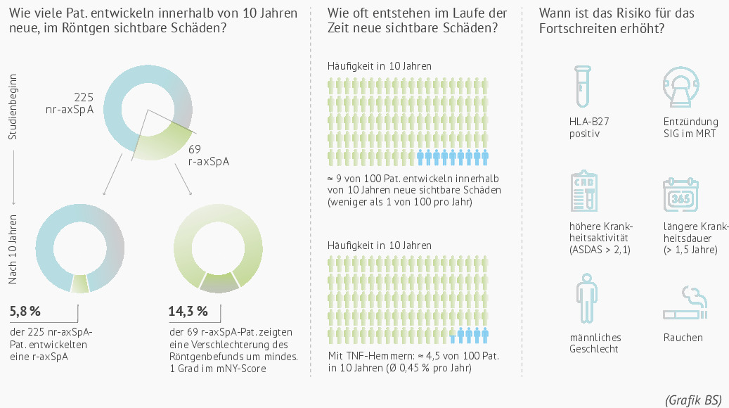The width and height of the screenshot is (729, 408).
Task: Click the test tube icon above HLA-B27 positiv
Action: [x=583, y=87]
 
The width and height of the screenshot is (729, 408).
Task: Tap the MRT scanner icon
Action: [x=681, y=87]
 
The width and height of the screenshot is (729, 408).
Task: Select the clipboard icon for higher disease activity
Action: [x=584, y=191]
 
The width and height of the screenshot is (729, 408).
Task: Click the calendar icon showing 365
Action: [x=680, y=194]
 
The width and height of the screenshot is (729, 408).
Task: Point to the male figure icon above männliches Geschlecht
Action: [x=586, y=298]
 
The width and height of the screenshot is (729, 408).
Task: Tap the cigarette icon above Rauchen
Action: [x=685, y=303]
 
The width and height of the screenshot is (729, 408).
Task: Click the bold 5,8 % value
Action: [x=25, y=311]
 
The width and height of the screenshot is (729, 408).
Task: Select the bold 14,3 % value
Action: [x=188, y=311]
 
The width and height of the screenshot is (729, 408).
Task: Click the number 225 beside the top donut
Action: [x=84, y=97]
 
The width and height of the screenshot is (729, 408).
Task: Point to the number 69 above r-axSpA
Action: [x=194, y=149]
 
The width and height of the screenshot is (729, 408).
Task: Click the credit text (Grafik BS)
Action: [x=693, y=400]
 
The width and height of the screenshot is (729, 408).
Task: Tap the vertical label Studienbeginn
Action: [x=13, y=106]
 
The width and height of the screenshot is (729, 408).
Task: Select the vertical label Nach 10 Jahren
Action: [x=13, y=249]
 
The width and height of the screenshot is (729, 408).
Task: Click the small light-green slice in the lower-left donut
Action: [x=79, y=283]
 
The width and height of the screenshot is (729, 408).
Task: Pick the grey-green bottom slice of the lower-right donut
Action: [x=219, y=283]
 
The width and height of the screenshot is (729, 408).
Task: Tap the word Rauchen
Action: [x=683, y=338]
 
